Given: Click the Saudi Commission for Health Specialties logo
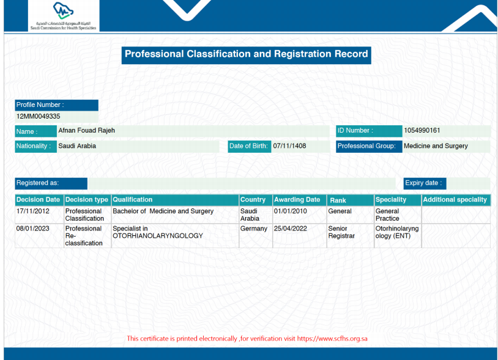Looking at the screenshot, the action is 64,16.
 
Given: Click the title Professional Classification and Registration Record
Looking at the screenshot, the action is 246,54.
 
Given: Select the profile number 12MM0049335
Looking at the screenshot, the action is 38,116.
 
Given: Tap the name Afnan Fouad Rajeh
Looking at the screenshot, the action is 86,130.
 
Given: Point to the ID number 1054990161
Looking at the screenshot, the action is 422,130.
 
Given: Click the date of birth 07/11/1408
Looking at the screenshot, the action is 289,146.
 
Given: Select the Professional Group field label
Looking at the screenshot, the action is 366,146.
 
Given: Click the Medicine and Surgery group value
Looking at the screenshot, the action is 436,146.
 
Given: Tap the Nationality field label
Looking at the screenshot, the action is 34,146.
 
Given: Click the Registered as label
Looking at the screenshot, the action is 37,183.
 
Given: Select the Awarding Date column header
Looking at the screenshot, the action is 297,199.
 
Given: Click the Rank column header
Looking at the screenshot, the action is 338,200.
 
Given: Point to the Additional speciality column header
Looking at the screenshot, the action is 455,199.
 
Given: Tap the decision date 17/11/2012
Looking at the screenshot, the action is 32,211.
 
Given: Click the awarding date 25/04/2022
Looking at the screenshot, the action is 290,229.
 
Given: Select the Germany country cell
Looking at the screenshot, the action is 254,229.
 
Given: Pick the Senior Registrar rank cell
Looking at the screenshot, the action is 341,232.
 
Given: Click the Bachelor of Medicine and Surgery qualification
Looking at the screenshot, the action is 163,211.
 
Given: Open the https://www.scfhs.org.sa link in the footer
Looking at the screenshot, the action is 332,339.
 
